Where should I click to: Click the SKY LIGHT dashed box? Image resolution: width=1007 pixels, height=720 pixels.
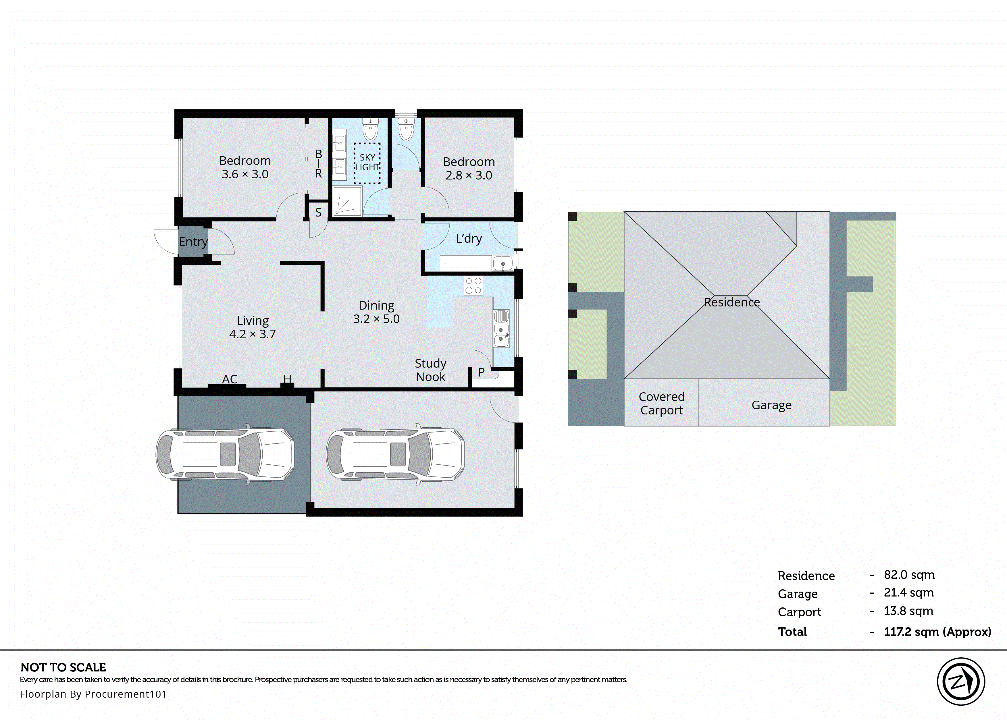(x=367, y=163)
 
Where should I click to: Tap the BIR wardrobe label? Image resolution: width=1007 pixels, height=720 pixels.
(x=318, y=164)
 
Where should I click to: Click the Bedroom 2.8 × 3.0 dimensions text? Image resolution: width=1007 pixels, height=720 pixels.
(x=469, y=175)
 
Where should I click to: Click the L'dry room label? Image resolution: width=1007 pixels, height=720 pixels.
(x=469, y=239)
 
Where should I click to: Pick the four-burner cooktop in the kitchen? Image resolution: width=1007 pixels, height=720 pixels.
(x=473, y=285)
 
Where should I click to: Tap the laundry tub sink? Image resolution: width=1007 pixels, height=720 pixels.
(x=502, y=263)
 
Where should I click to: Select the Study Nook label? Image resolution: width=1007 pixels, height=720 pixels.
(x=431, y=370)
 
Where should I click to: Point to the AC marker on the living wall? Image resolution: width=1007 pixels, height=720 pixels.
(x=230, y=379)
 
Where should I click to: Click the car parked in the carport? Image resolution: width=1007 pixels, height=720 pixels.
(x=225, y=454)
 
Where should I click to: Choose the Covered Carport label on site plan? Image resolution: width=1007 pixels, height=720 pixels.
(x=662, y=403)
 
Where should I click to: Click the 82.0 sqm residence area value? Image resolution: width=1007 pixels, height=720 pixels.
(x=909, y=575)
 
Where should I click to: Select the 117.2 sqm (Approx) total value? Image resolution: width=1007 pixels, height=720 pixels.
(x=937, y=632)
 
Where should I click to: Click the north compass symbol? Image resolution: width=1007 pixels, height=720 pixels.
(x=961, y=682)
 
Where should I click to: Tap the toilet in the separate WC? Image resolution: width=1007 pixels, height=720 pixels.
(x=406, y=130)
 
